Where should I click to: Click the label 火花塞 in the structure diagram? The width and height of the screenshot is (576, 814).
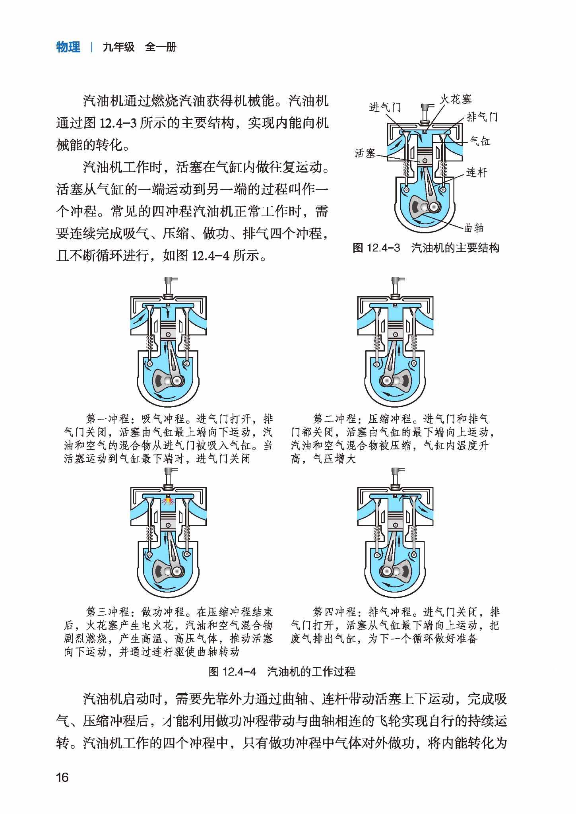point(456,99)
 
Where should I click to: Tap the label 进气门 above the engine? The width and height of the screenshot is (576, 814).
point(385,107)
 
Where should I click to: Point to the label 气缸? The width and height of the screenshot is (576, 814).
point(480,141)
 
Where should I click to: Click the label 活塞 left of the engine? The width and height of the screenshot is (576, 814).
point(365,153)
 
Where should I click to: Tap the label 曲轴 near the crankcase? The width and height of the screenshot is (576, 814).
point(474,228)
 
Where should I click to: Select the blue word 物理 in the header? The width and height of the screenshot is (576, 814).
point(68,47)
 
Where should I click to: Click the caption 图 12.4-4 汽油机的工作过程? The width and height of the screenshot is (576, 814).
point(282,672)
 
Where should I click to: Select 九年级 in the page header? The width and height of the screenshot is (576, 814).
point(118,47)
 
